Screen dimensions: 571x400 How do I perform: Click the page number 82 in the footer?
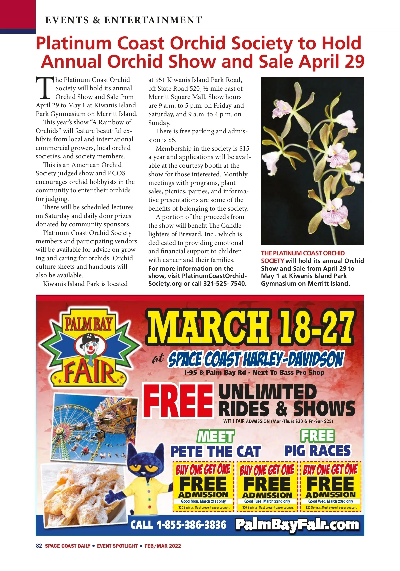pyautogui.click(x=39, y=546)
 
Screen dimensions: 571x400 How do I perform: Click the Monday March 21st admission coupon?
pyautogui.click(x=203, y=486)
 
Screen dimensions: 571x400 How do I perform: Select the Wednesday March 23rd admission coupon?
pyautogui.click(x=331, y=486)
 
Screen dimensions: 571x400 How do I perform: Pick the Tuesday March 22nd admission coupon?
pyautogui.click(x=267, y=486)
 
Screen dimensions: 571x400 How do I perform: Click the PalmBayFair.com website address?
pyautogui.click(x=297, y=525)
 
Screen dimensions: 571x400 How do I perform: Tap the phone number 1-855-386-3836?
pyautogui.click(x=191, y=525)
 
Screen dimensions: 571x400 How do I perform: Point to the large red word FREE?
pyautogui.click(x=179, y=401)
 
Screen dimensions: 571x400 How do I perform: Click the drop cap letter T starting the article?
pyautogui.click(x=45, y=88)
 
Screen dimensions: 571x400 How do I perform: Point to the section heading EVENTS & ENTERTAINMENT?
pyautogui.click(x=123, y=20)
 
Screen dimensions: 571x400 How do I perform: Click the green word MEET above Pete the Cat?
pyautogui.click(x=216, y=436)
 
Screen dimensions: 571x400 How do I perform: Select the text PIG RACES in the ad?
pyautogui.click(x=317, y=451)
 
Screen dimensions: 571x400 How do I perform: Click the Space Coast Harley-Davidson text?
pyautogui.click(x=256, y=360)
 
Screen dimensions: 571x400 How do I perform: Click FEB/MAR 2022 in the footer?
pyautogui.click(x=163, y=546)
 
